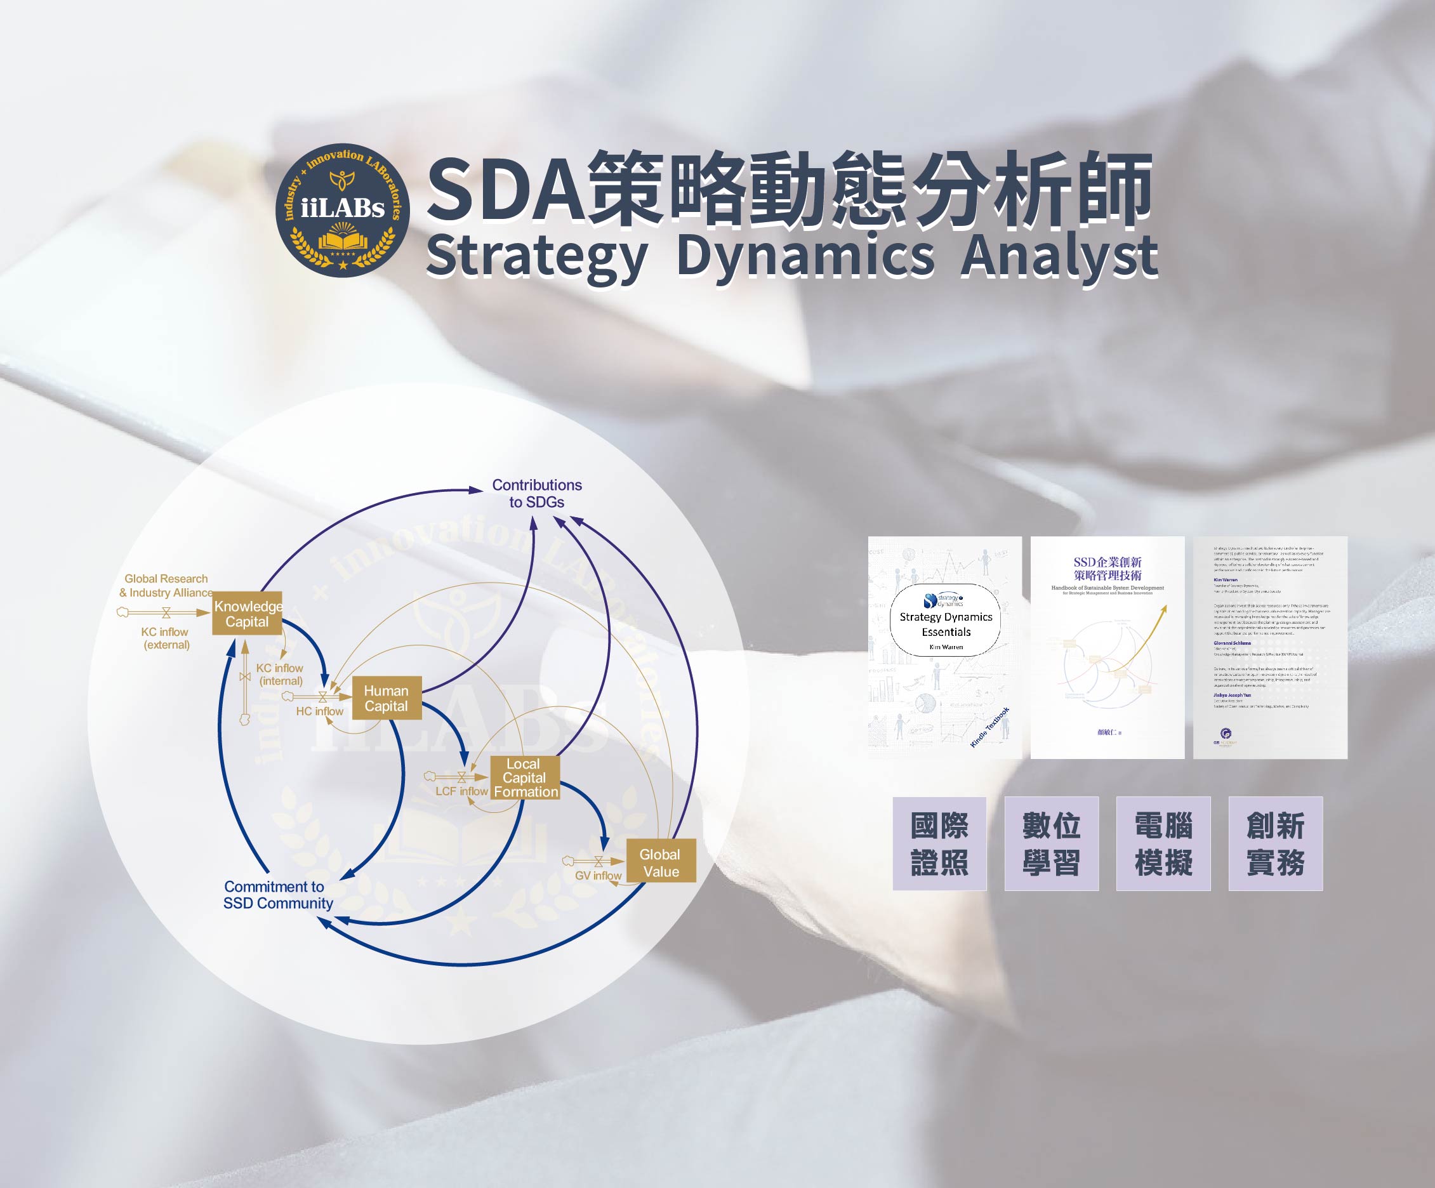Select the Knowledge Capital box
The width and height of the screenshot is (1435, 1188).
pyautogui.click(x=248, y=614)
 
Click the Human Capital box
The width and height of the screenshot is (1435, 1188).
pyautogui.click(x=386, y=698)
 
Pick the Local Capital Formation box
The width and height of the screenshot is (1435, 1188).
pyautogui.click(x=525, y=777)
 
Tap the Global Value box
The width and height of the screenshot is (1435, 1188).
pyautogui.click(x=661, y=862)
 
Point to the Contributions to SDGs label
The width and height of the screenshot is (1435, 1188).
pyautogui.click(x=536, y=493)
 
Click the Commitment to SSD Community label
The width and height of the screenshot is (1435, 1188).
pyautogui.click(x=277, y=895)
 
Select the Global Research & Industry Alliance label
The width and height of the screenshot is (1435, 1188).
pyautogui.click(x=166, y=586)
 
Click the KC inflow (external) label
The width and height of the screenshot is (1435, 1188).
pyautogui.click(x=166, y=638)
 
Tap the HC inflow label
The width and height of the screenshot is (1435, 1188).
pyautogui.click(x=319, y=711)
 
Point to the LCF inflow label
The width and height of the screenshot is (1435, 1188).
pyautogui.click(x=461, y=791)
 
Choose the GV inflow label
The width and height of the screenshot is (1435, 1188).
pyautogui.click(x=598, y=876)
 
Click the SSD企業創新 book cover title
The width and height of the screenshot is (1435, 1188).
pyautogui.click(x=1107, y=569)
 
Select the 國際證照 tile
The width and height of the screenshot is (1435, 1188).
pyautogui.click(x=939, y=843)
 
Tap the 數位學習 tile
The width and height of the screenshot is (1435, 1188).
pyautogui.click(x=1051, y=843)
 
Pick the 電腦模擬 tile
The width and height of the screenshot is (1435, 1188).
pyautogui.click(x=1163, y=843)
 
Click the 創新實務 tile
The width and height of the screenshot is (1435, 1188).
pyautogui.click(x=1275, y=843)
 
